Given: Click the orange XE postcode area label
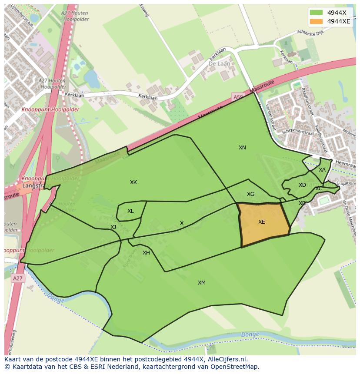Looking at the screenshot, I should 261,222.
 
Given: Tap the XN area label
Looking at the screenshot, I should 242,148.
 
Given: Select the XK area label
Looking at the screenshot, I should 133,182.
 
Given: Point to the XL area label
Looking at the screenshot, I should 130,211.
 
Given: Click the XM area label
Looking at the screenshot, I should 202,283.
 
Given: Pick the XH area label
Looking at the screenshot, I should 146,253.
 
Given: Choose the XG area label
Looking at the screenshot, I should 250,194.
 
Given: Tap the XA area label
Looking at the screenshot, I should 322,170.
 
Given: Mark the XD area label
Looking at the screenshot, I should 302,185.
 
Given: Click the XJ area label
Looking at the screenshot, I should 113,227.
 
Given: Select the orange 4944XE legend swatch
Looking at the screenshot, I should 317,21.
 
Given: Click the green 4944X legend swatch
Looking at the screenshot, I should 317,13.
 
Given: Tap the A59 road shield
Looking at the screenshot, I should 237,97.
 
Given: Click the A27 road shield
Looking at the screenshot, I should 17,278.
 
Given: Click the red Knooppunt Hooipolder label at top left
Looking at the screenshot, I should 50,109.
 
